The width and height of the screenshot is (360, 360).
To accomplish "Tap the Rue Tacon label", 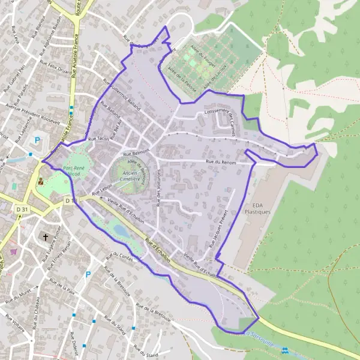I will tap(99, 139).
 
